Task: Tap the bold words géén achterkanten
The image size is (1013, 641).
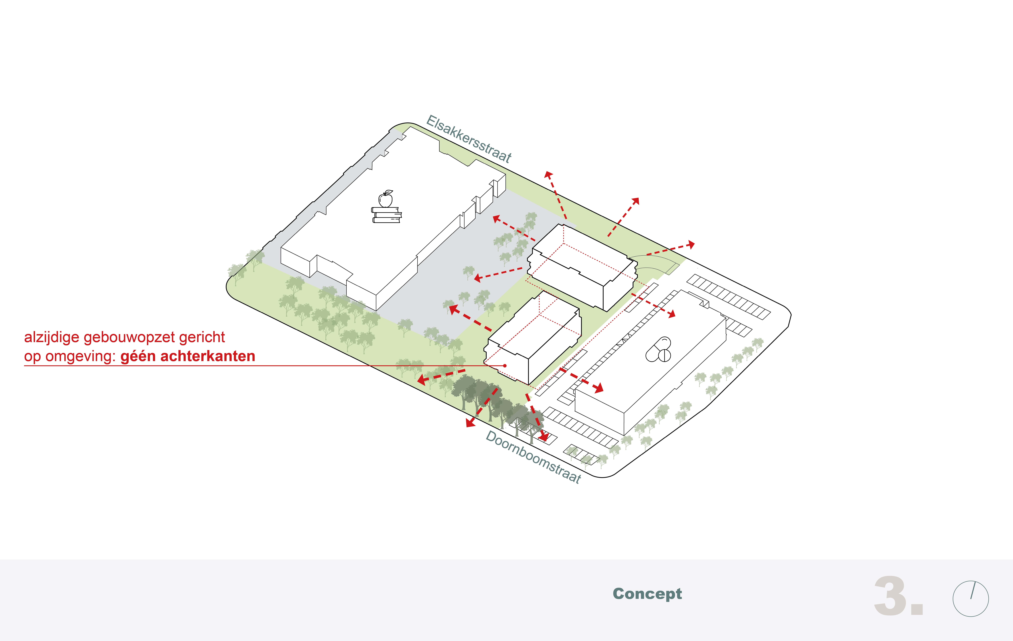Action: [x=188, y=356]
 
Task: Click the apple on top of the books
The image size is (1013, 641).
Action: [x=386, y=199]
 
